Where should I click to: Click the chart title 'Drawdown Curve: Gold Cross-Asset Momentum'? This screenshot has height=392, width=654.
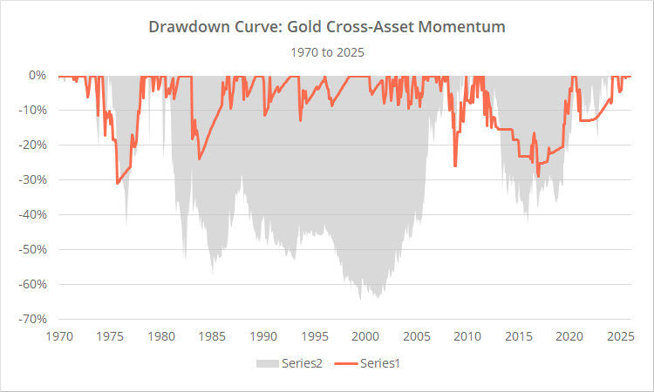(x=326, y=27)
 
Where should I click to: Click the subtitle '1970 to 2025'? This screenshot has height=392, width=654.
(x=326, y=51)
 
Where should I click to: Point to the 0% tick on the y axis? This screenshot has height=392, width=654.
(x=38, y=75)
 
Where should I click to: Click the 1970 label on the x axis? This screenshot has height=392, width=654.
(x=59, y=335)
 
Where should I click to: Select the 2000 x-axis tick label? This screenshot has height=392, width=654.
(x=365, y=335)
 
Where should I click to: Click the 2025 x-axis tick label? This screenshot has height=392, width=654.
(x=620, y=335)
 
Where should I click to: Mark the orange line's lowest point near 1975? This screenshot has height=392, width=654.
(x=117, y=183)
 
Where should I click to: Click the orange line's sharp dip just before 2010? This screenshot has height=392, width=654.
(x=455, y=166)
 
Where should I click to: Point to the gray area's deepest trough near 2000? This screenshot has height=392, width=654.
(x=360, y=299)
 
